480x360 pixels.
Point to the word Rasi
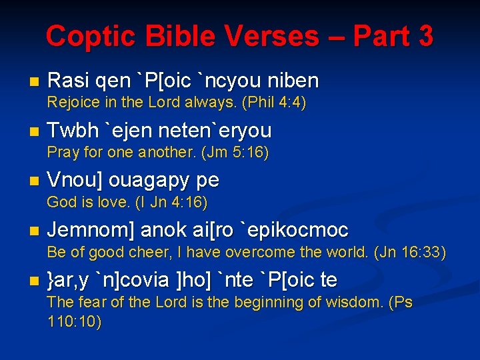coord(69,81)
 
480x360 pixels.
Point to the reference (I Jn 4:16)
coord(172,202)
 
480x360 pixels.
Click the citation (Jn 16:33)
coord(410,253)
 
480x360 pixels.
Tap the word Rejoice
coord(72,103)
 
